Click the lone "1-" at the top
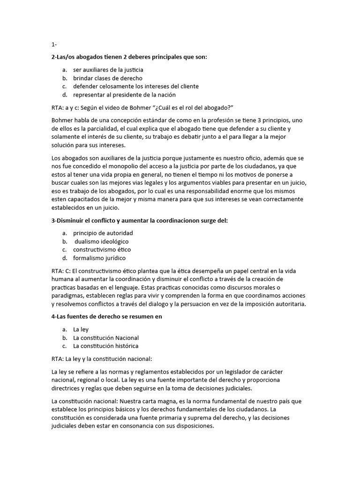pos(54,45)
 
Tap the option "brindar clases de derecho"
pos(108,78)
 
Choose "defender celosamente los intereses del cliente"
pos(136,87)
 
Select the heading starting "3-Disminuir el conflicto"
pos(139,221)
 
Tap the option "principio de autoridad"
pos(103,233)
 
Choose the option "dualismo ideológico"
pos(102,241)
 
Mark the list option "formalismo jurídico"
pos(99,258)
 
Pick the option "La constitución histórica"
pos(106,346)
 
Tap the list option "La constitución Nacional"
pos(106,338)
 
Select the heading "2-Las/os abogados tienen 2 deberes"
pos(129,57)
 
